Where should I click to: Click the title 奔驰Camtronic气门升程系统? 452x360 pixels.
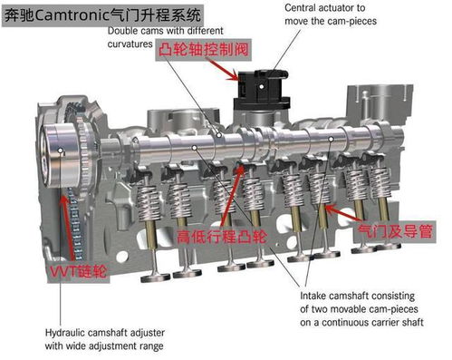point(102,15)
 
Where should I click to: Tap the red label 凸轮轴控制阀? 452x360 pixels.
point(204,49)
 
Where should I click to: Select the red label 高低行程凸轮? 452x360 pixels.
point(222,237)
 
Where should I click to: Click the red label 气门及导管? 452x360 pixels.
point(395,232)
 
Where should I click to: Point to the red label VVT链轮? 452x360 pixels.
point(78,271)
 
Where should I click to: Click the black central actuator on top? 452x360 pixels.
point(262,90)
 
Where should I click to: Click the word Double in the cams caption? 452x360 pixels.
point(119,31)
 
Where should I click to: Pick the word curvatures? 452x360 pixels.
point(130,44)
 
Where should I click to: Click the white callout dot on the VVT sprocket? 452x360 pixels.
point(61,151)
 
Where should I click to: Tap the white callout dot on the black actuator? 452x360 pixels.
point(262,87)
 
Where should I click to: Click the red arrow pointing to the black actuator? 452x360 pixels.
point(223,70)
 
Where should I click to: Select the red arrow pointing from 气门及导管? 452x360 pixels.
point(343,212)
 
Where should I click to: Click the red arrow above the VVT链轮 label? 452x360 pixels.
point(68,229)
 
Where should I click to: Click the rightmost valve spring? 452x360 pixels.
point(380,183)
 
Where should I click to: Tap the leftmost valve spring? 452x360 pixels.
point(148,202)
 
